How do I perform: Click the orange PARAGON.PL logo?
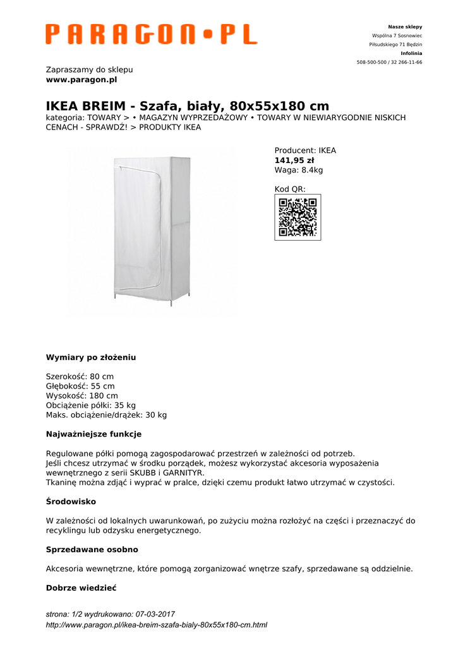coord(151,34)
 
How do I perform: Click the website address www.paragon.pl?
coord(81,80)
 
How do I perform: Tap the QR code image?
coord(298,217)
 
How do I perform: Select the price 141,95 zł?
coord(294,160)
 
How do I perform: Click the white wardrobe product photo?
coord(152,231)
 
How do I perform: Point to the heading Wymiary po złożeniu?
coord(91,358)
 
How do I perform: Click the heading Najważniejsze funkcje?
coord(93,434)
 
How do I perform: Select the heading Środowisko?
coord(71,501)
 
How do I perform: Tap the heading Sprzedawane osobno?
coord(92,550)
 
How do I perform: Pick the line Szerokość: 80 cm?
coord(80,377)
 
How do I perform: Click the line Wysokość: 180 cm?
coord(82,396)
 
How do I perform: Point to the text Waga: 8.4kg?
coord(299,170)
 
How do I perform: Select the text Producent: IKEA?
coord(305,150)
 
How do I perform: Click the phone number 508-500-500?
coord(372,63)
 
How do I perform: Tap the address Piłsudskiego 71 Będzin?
coord(395,45)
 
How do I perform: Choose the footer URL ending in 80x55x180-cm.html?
coord(157,625)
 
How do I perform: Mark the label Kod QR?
coord(290,189)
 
